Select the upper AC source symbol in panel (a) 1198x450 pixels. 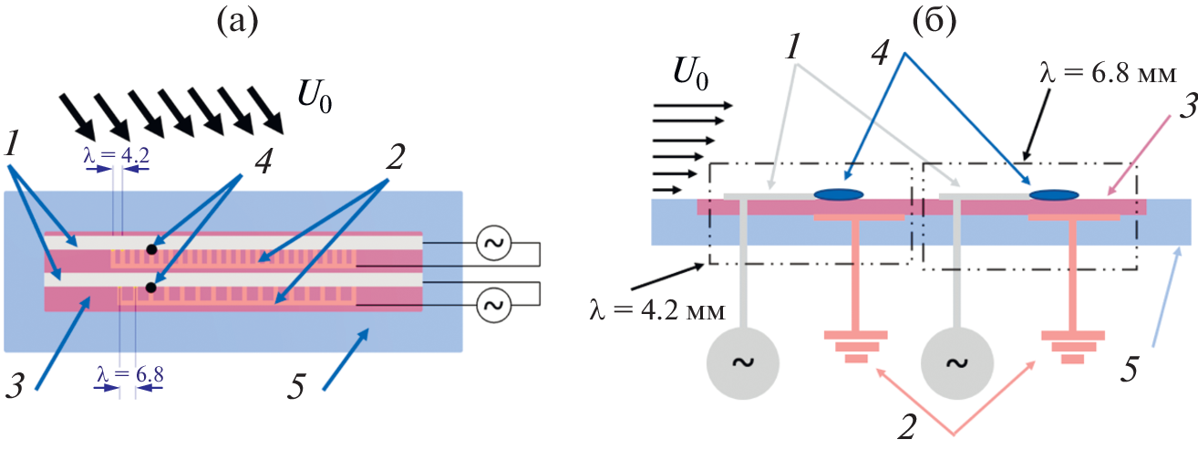click(493, 243)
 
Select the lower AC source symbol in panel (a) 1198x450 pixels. click(493, 304)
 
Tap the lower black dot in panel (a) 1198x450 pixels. click(151, 288)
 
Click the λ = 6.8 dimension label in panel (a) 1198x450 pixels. click(129, 373)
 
